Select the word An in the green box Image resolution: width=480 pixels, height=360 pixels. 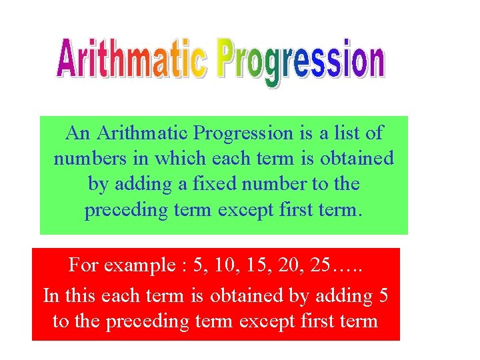click(x=78, y=133)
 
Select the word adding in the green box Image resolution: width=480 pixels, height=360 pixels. click(x=134, y=185)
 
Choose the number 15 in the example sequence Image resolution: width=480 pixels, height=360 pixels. click(x=263, y=266)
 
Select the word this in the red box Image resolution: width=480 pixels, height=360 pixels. click(x=79, y=295)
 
